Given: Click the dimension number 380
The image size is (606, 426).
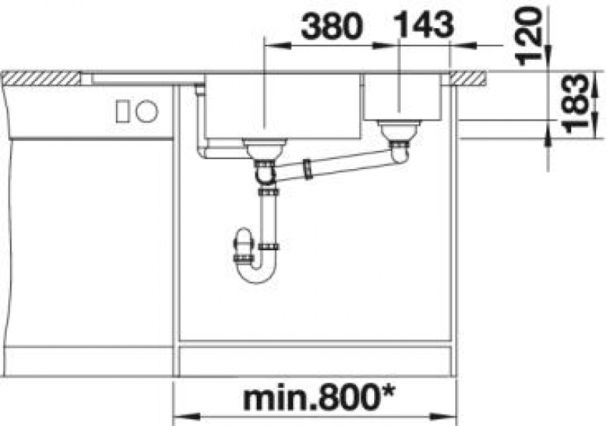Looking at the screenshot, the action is pos(332,26).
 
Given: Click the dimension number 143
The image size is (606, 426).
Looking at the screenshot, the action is pos(424,24).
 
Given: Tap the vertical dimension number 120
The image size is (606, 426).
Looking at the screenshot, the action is pos(528,36).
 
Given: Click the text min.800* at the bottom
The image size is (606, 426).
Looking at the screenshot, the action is pos(319,399).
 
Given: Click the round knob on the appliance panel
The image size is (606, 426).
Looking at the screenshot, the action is pos(147,111).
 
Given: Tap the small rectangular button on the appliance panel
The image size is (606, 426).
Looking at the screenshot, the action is pos(123,111).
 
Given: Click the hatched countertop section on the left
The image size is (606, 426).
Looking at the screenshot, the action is pos(40,79).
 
